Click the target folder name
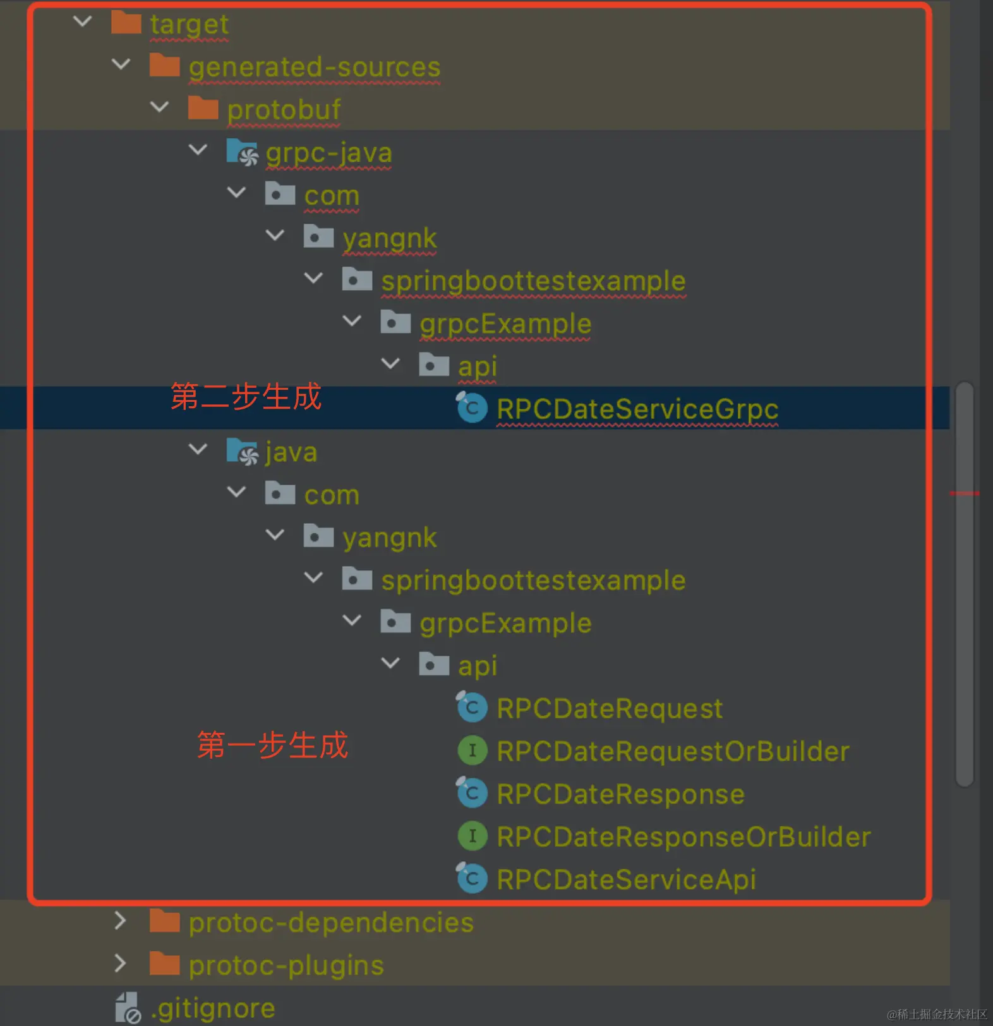point(189,25)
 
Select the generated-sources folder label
point(314,68)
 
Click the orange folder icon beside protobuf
point(203,109)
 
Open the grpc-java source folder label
point(328,153)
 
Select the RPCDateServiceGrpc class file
point(637,409)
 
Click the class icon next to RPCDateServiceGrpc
point(472,407)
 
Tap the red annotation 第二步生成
point(246,397)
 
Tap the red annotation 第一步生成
point(272,745)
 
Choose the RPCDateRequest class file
point(609,709)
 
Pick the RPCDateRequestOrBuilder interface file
point(673,752)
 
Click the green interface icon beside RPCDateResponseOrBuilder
point(472,836)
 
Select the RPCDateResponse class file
point(620,795)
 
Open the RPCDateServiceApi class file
point(626,880)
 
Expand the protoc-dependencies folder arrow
point(121,921)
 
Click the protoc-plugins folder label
point(286,966)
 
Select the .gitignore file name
point(213,1009)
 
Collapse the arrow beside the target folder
point(83,22)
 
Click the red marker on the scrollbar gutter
point(964,493)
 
